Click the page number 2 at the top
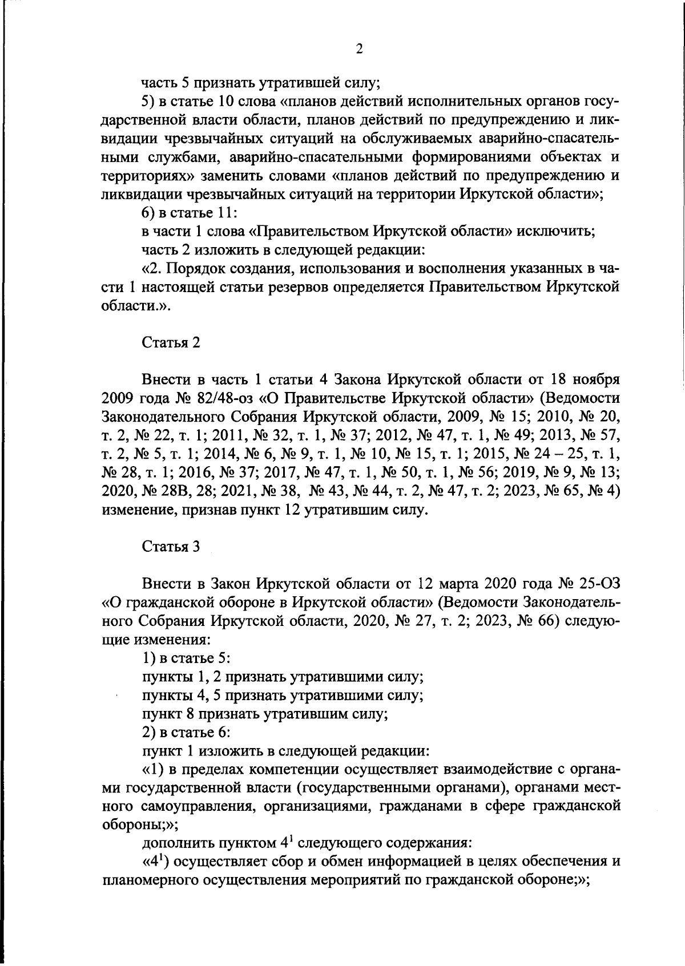coord(359,49)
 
